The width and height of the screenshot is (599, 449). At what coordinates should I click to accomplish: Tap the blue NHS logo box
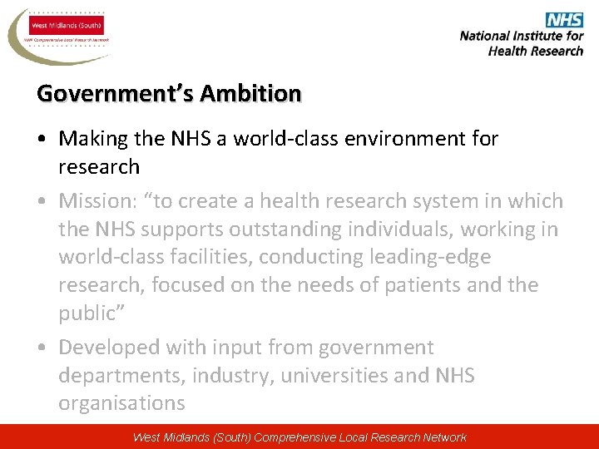tap(565, 20)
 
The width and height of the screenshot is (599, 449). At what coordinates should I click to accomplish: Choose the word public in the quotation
tap(87, 313)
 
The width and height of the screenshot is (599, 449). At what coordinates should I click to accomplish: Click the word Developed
tap(110, 348)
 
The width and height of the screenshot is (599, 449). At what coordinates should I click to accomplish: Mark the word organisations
tap(121, 403)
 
